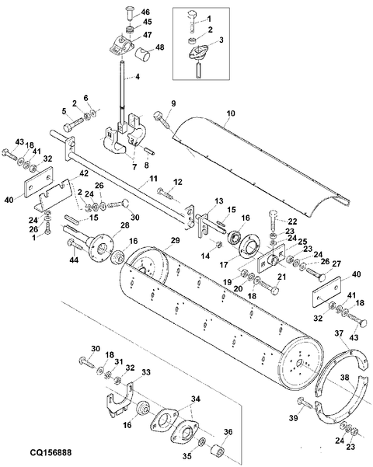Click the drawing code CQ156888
[51, 452]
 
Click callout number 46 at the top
[145, 12]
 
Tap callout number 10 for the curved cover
[231, 113]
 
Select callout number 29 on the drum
[176, 240]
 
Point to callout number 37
[339, 333]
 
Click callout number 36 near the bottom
[228, 432]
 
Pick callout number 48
[159, 47]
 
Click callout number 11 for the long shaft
[153, 179]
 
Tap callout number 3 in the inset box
[221, 40]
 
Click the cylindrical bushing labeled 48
[142, 55]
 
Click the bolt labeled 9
[162, 120]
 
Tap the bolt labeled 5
[73, 124]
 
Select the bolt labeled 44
[77, 244]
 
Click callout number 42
[84, 173]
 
